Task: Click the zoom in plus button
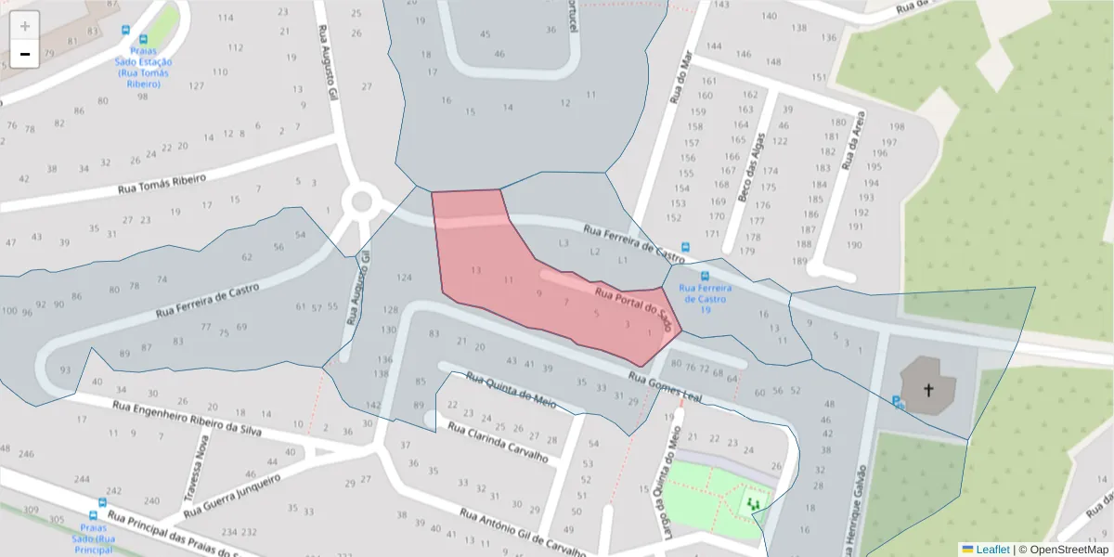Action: (x=24, y=26)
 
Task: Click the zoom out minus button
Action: (x=24, y=54)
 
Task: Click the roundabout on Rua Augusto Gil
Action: (x=361, y=200)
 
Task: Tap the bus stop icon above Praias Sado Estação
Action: (x=127, y=29)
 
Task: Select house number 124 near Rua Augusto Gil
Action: (x=403, y=278)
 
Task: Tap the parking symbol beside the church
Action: (x=897, y=402)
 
